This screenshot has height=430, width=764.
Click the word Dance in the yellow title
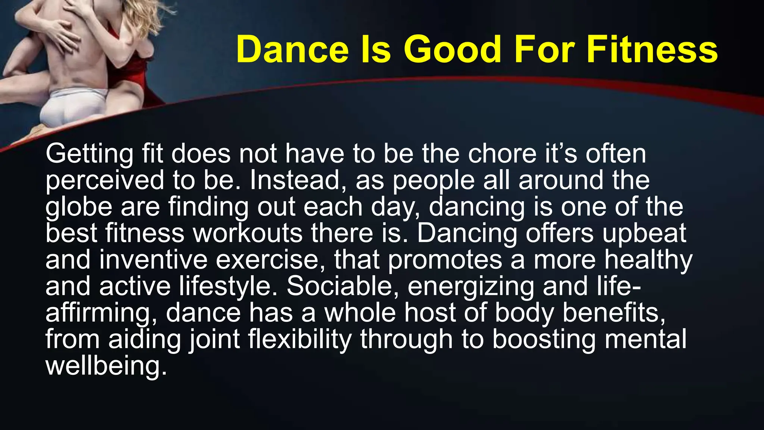click(x=292, y=50)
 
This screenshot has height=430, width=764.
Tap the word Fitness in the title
click(x=652, y=50)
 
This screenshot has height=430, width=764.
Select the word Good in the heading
click(x=453, y=50)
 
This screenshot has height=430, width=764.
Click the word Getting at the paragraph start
click(x=89, y=154)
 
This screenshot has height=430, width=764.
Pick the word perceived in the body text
click(x=104, y=181)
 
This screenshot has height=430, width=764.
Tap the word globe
click(x=79, y=207)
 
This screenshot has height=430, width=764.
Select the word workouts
click(x=247, y=233)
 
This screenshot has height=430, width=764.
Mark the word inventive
click(x=153, y=260)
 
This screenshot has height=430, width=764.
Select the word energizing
click(x=471, y=287)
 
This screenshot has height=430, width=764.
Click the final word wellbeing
click(x=106, y=366)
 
